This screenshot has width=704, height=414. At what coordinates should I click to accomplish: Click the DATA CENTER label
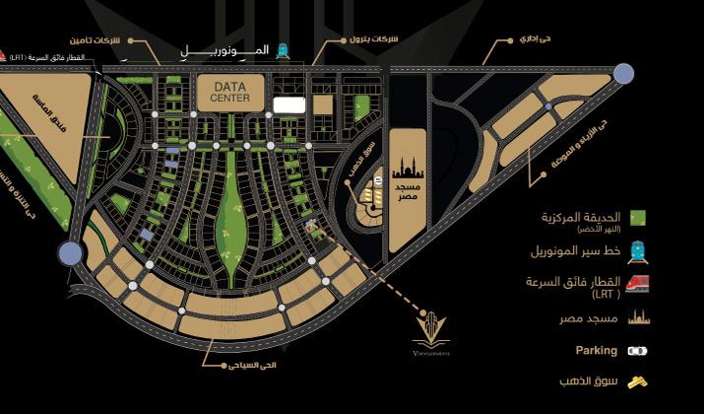click(x=230, y=92)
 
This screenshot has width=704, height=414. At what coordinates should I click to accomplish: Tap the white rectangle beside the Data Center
click(x=288, y=103)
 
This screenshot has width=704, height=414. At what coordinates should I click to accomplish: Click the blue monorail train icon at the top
click(x=283, y=48)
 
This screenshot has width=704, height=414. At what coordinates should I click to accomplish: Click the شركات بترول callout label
click(x=371, y=40)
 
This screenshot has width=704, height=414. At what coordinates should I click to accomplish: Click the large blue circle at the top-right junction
click(x=623, y=72)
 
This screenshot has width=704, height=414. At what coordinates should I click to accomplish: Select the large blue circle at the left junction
click(x=70, y=253)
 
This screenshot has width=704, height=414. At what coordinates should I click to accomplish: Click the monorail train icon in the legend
click(x=637, y=251)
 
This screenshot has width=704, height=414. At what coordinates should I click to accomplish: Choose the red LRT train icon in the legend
click(x=637, y=284)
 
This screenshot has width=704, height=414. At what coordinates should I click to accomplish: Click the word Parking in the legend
click(x=597, y=350)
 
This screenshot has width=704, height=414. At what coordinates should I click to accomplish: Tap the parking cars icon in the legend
click(x=637, y=350)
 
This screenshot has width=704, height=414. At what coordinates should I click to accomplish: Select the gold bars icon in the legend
click(x=637, y=381)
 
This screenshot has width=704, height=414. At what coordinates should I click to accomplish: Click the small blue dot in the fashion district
click(x=547, y=105)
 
